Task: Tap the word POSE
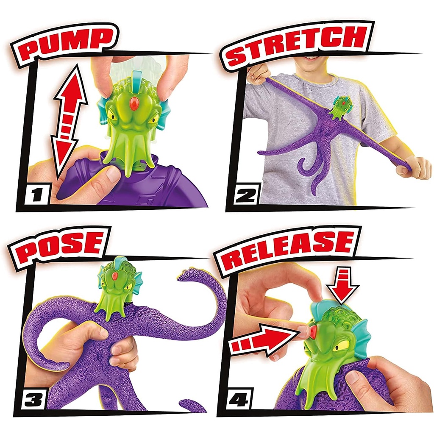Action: [61, 247]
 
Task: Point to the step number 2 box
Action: [246, 195]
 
